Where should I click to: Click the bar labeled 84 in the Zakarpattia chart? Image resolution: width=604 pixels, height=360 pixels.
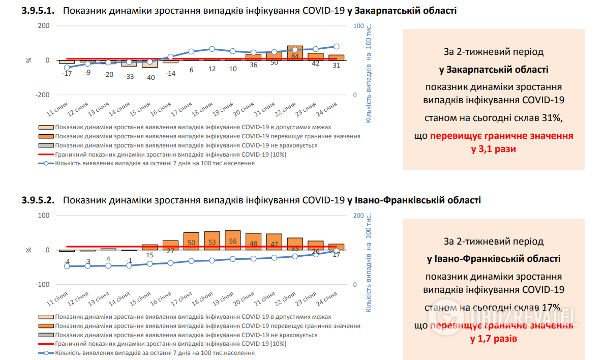(x=295, y=53)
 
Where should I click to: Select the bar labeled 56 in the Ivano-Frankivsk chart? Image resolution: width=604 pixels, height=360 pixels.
(x=232, y=240)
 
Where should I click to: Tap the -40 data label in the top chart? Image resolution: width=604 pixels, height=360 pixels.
(x=149, y=77)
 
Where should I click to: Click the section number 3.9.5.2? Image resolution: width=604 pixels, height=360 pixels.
(x=38, y=200)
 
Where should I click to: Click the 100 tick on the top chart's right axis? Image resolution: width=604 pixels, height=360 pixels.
(x=358, y=26)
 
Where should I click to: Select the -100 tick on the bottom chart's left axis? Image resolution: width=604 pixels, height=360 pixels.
(x=42, y=284)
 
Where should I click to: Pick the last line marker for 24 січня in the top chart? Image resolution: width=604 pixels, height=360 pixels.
(x=337, y=46)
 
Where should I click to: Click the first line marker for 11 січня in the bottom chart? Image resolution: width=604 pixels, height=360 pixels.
(x=67, y=266)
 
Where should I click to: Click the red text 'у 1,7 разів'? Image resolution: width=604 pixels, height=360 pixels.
(x=494, y=338)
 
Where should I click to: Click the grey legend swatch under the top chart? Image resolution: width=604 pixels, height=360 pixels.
(x=46, y=145)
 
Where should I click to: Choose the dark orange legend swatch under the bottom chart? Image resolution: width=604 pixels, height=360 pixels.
(x=46, y=326)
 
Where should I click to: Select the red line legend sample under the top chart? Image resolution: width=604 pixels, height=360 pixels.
(x=46, y=155)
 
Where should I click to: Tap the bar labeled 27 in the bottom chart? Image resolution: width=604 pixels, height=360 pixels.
(x=170, y=245)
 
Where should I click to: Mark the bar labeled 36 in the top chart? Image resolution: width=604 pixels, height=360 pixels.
(x=253, y=57)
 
